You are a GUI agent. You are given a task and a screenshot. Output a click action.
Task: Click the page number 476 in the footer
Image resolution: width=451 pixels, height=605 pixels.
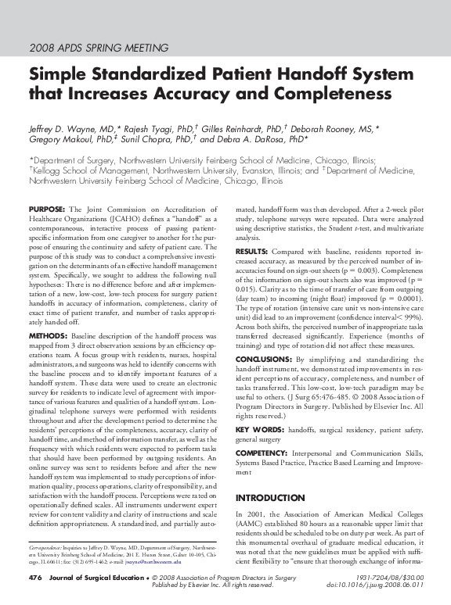click(34, 578)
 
